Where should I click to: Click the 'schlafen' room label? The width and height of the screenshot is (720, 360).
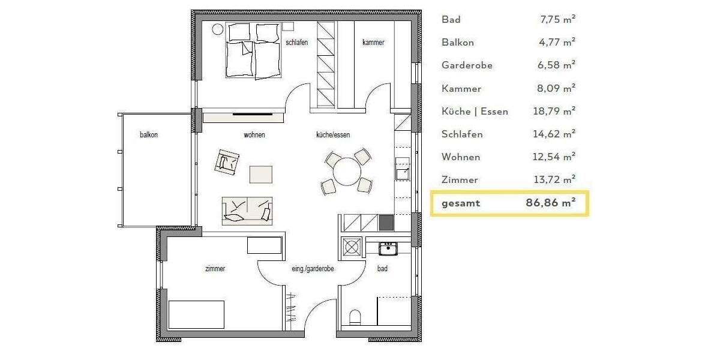pyautogui.click(x=297, y=43)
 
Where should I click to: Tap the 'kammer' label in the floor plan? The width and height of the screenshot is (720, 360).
pyautogui.click(x=373, y=43)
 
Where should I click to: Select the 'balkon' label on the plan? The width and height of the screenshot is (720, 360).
pyautogui.click(x=149, y=135)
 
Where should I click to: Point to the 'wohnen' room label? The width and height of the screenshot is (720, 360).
pyautogui.click(x=254, y=135)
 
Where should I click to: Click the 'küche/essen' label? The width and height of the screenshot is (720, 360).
pyautogui.click(x=333, y=135)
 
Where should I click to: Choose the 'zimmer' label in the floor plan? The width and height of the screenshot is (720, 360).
pyautogui.click(x=215, y=269)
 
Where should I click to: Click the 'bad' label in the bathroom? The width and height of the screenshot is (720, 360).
pyautogui.click(x=382, y=269)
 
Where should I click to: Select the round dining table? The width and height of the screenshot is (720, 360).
pyautogui.click(x=347, y=172)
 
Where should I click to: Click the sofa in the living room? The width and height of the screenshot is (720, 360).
pyautogui.click(x=247, y=211)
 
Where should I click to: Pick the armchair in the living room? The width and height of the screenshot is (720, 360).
pyautogui.click(x=228, y=161)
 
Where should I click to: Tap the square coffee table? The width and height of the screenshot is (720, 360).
pyautogui.click(x=260, y=174)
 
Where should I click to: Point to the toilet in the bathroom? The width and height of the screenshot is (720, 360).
pyautogui.click(x=355, y=316)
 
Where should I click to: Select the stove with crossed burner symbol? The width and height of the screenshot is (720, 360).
pyautogui.click(x=352, y=247)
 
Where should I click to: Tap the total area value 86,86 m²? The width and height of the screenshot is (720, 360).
pyautogui.click(x=550, y=203)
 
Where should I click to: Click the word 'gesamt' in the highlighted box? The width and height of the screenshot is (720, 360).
pyautogui.click(x=461, y=203)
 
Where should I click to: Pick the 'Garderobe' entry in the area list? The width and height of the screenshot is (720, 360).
pyautogui.click(x=467, y=65)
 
